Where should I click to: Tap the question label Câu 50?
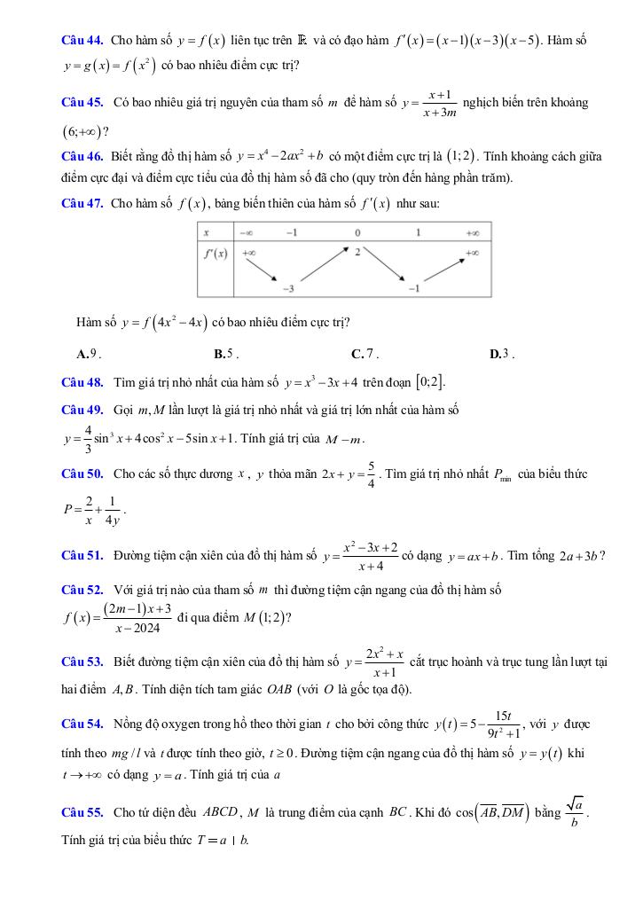83,474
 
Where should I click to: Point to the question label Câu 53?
83,661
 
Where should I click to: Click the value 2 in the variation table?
357,252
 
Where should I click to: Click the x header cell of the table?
206,232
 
